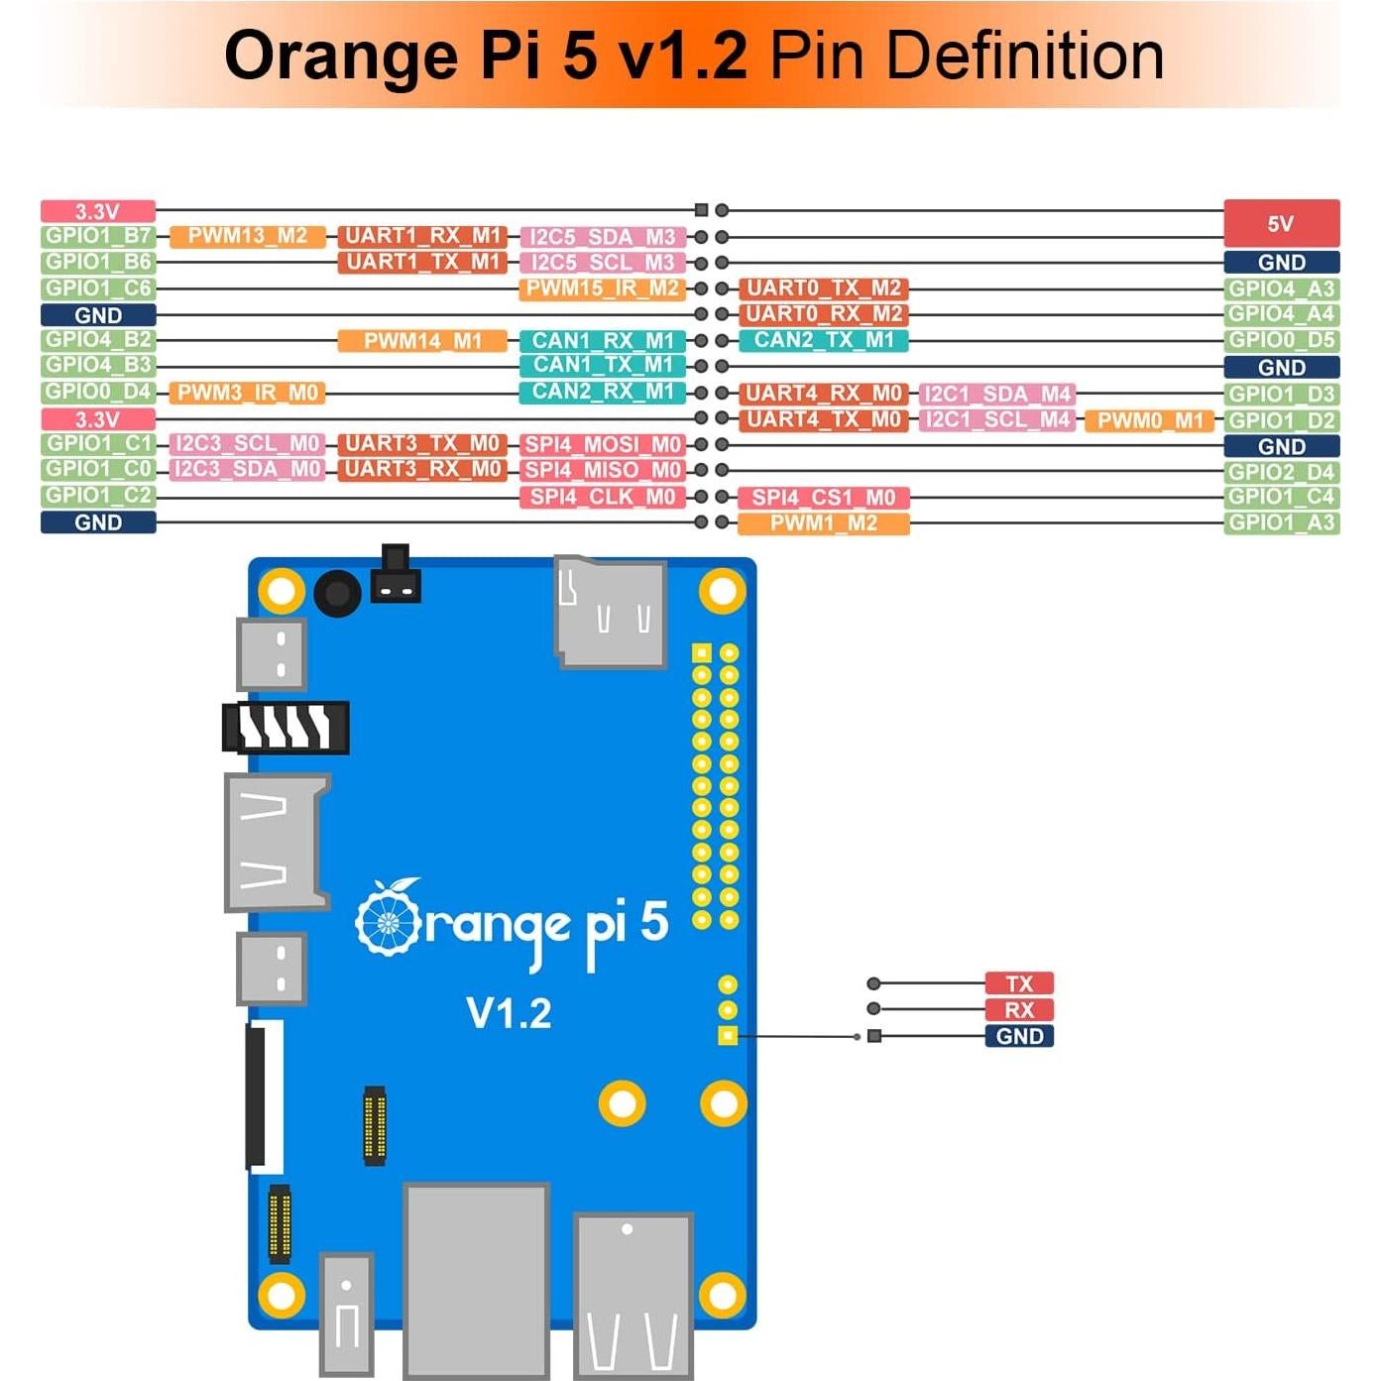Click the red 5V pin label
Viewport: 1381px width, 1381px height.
pyautogui.click(x=1281, y=223)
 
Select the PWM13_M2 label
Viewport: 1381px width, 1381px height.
pyautogui.click(x=248, y=236)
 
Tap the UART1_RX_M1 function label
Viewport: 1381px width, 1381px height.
pyautogui.click(x=422, y=236)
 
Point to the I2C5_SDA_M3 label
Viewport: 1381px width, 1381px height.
pyautogui.click(x=603, y=237)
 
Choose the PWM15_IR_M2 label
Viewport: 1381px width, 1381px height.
pyautogui.click(x=602, y=288)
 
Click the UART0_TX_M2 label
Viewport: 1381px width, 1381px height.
pyautogui.click(x=823, y=288)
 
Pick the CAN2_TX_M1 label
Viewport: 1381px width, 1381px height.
pyautogui.click(x=823, y=340)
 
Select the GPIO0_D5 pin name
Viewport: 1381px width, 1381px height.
pyautogui.click(x=1281, y=340)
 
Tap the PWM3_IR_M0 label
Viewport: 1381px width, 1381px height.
pyautogui.click(x=248, y=393)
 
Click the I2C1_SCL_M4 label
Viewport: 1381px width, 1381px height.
pyautogui.click(x=997, y=419)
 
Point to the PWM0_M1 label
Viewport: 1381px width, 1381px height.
pyautogui.click(x=1149, y=420)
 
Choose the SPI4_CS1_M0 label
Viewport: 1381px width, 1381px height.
pyautogui.click(x=823, y=498)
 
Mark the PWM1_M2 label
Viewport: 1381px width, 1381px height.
pyautogui.click(x=823, y=523)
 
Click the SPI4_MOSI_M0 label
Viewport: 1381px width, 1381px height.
pyautogui.click(x=602, y=444)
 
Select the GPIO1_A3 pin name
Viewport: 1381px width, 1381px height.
pyautogui.click(x=1281, y=522)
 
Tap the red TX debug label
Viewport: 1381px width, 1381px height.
pyautogui.click(x=1019, y=983)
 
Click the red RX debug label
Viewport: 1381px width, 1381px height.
pyautogui.click(x=1019, y=1010)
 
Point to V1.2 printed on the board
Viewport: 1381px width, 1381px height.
pyautogui.click(x=509, y=1013)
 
